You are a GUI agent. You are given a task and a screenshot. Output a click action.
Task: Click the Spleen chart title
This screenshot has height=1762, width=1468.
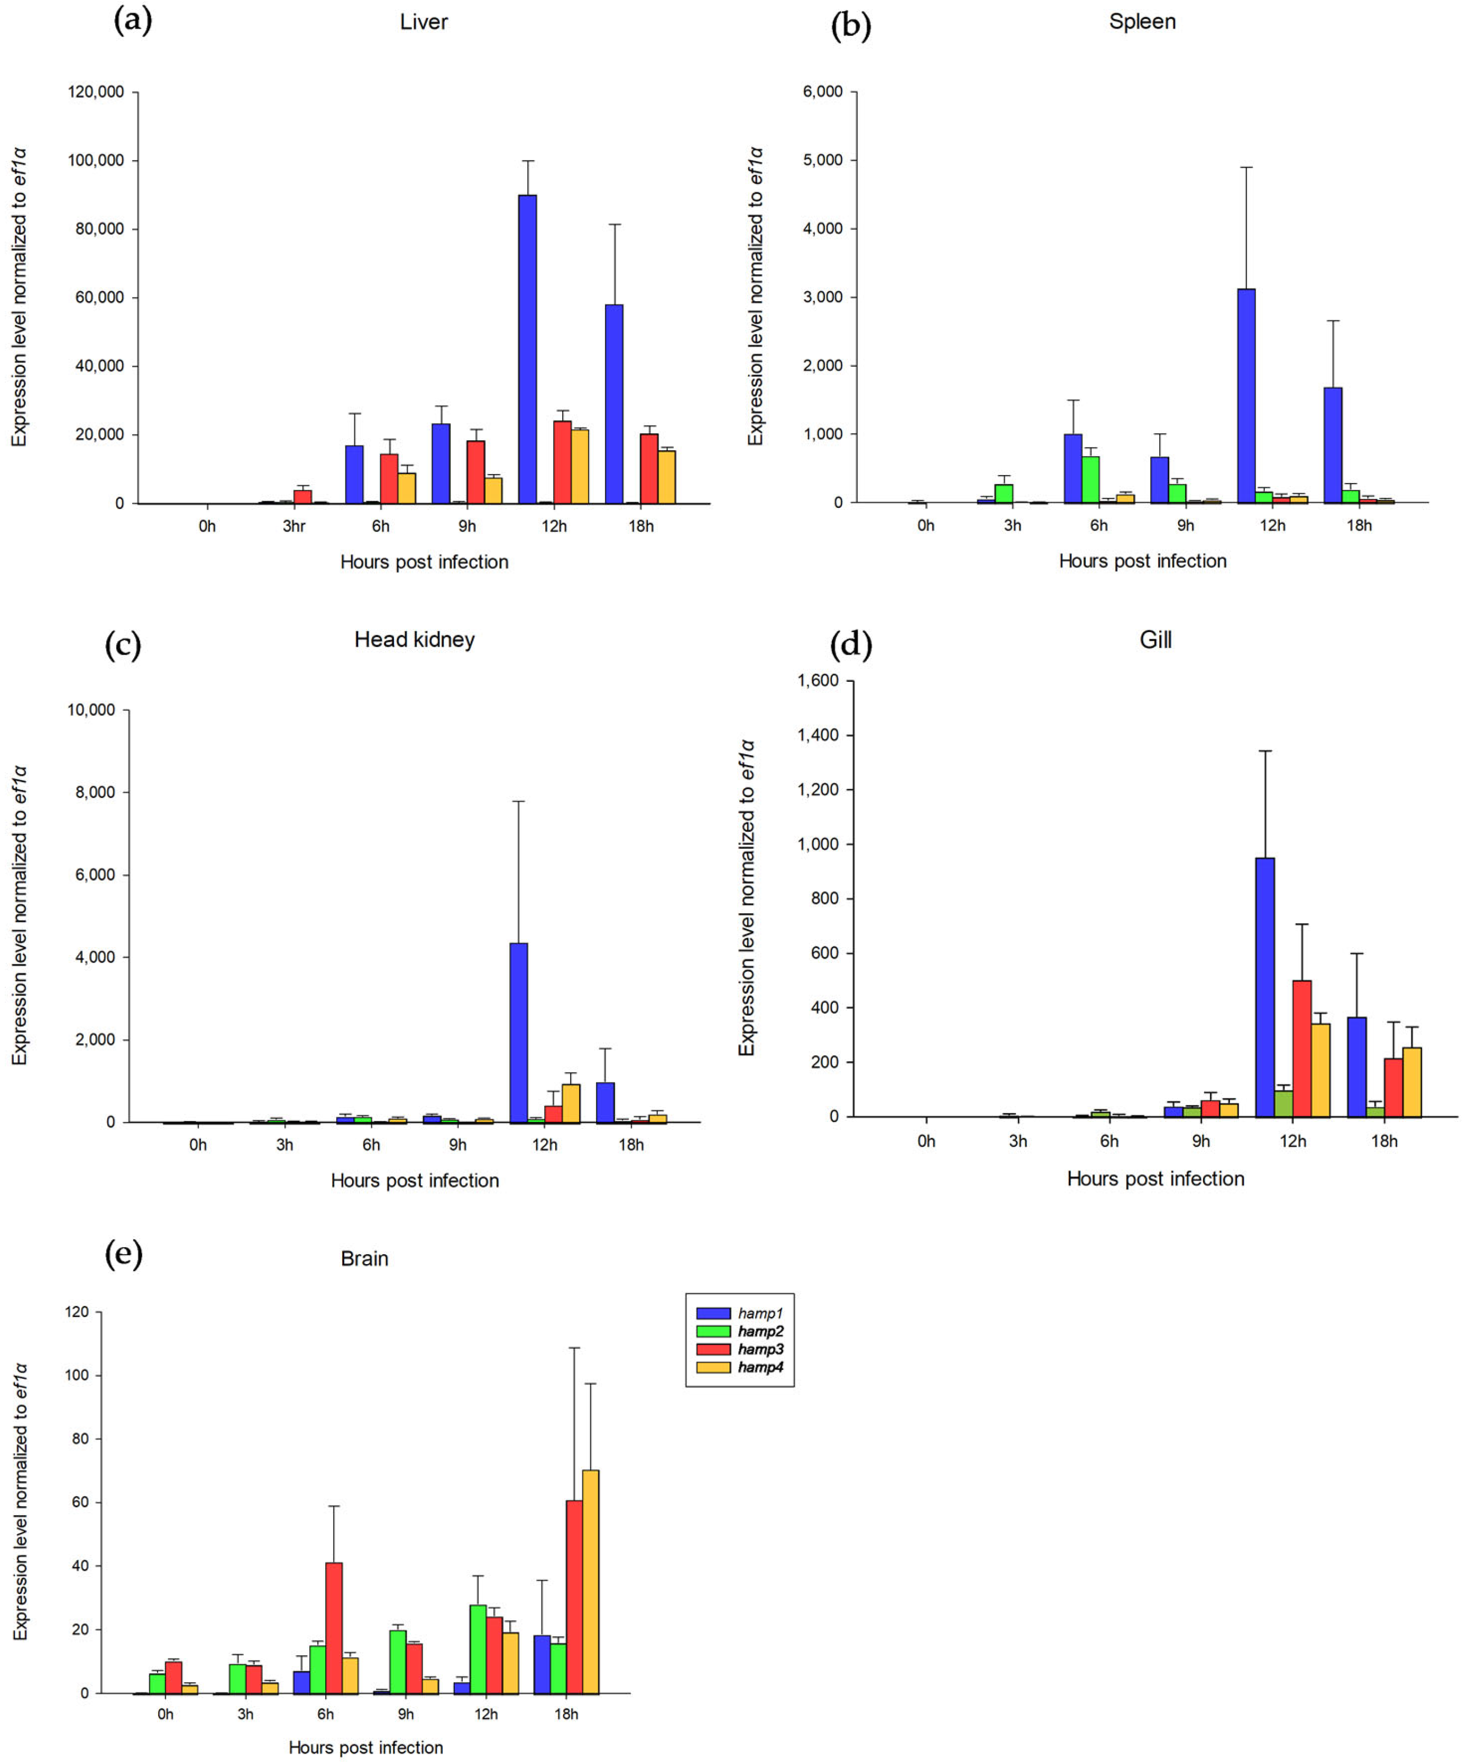[1142, 22]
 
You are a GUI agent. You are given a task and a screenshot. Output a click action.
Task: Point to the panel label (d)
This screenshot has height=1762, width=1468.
[850, 644]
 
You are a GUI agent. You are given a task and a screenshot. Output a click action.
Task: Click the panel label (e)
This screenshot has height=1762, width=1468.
[123, 1254]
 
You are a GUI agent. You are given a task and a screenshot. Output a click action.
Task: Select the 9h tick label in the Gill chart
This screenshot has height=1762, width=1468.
[1200, 1141]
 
